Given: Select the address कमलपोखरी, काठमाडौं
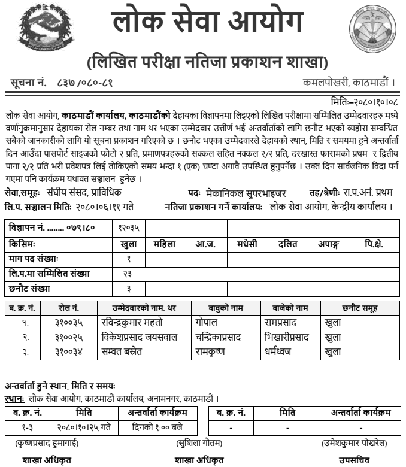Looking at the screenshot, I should (x=349, y=82).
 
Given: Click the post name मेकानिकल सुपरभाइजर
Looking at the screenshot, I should (x=244, y=193).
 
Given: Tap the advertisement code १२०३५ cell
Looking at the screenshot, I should (x=128, y=228).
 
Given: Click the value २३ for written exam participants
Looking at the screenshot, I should (x=128, y=274).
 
